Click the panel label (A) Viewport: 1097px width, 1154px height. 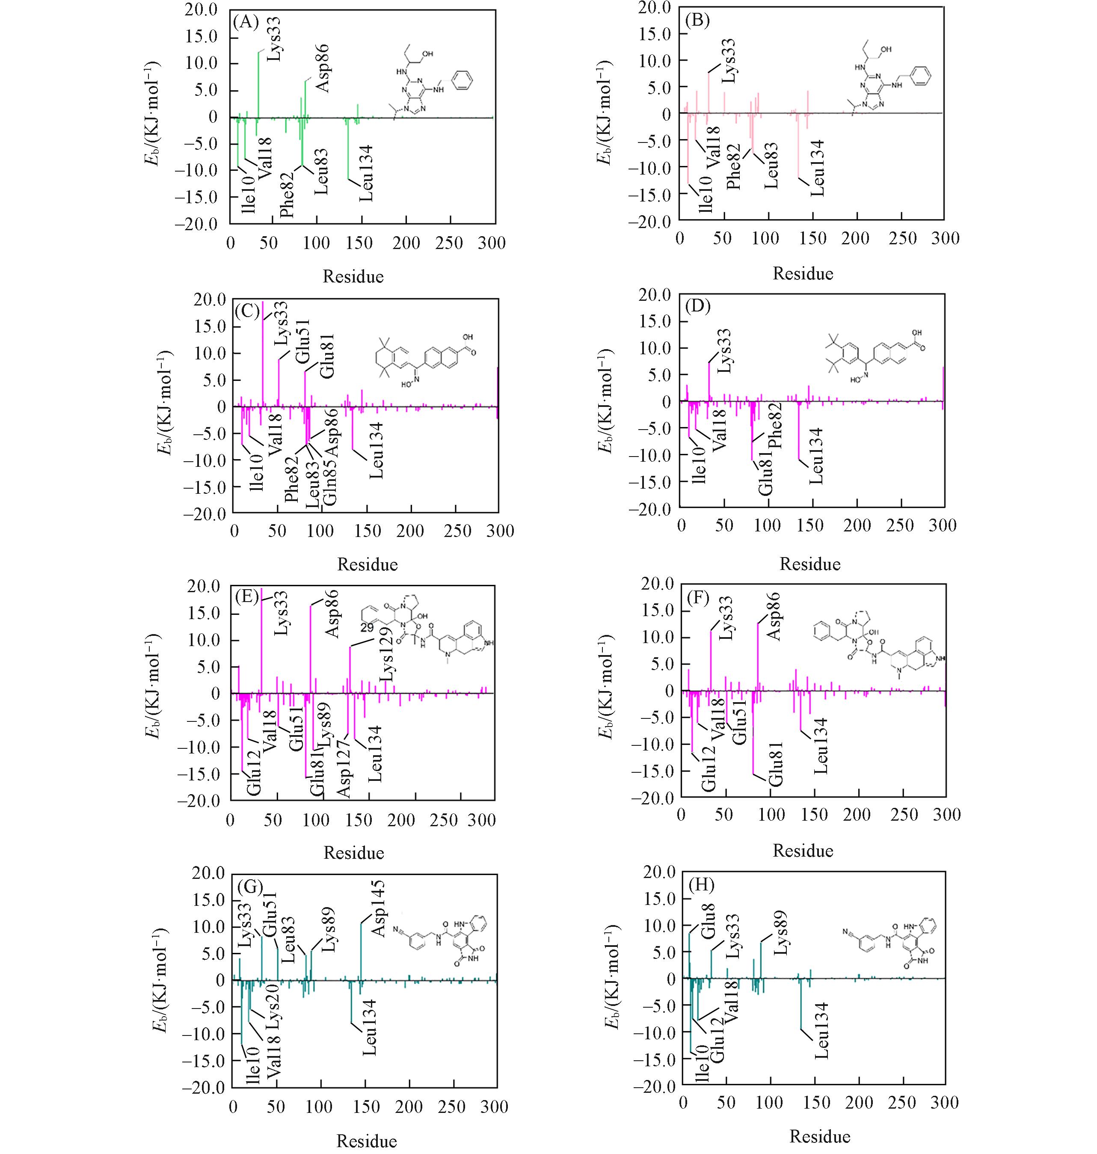pyautogui.click(x=246, y=22)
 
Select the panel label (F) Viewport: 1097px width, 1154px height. pyautogui.click(x=698, y=598)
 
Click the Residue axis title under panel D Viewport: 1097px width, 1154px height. pyautogui.click(x=809, y=564)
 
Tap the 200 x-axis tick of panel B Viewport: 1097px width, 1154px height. pyautogui.click(x=856, y=238)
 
